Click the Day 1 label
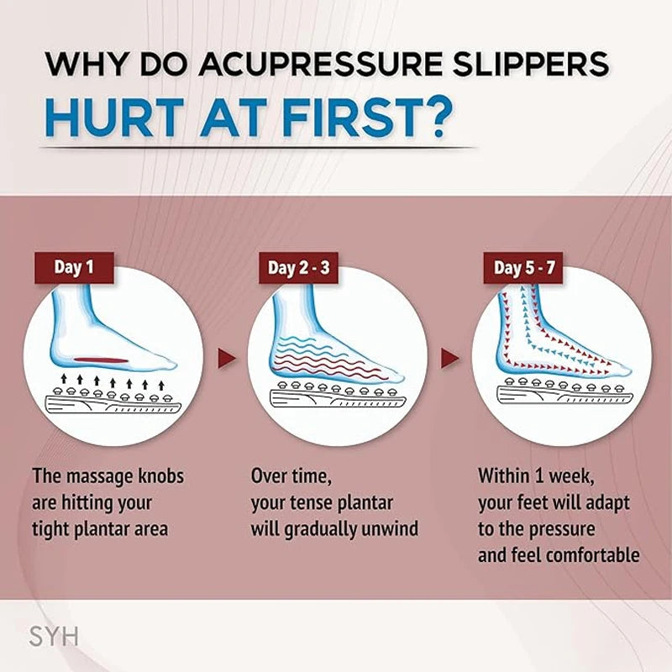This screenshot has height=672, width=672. tap(73, 268)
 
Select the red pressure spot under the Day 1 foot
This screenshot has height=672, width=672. tap(102, 360)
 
